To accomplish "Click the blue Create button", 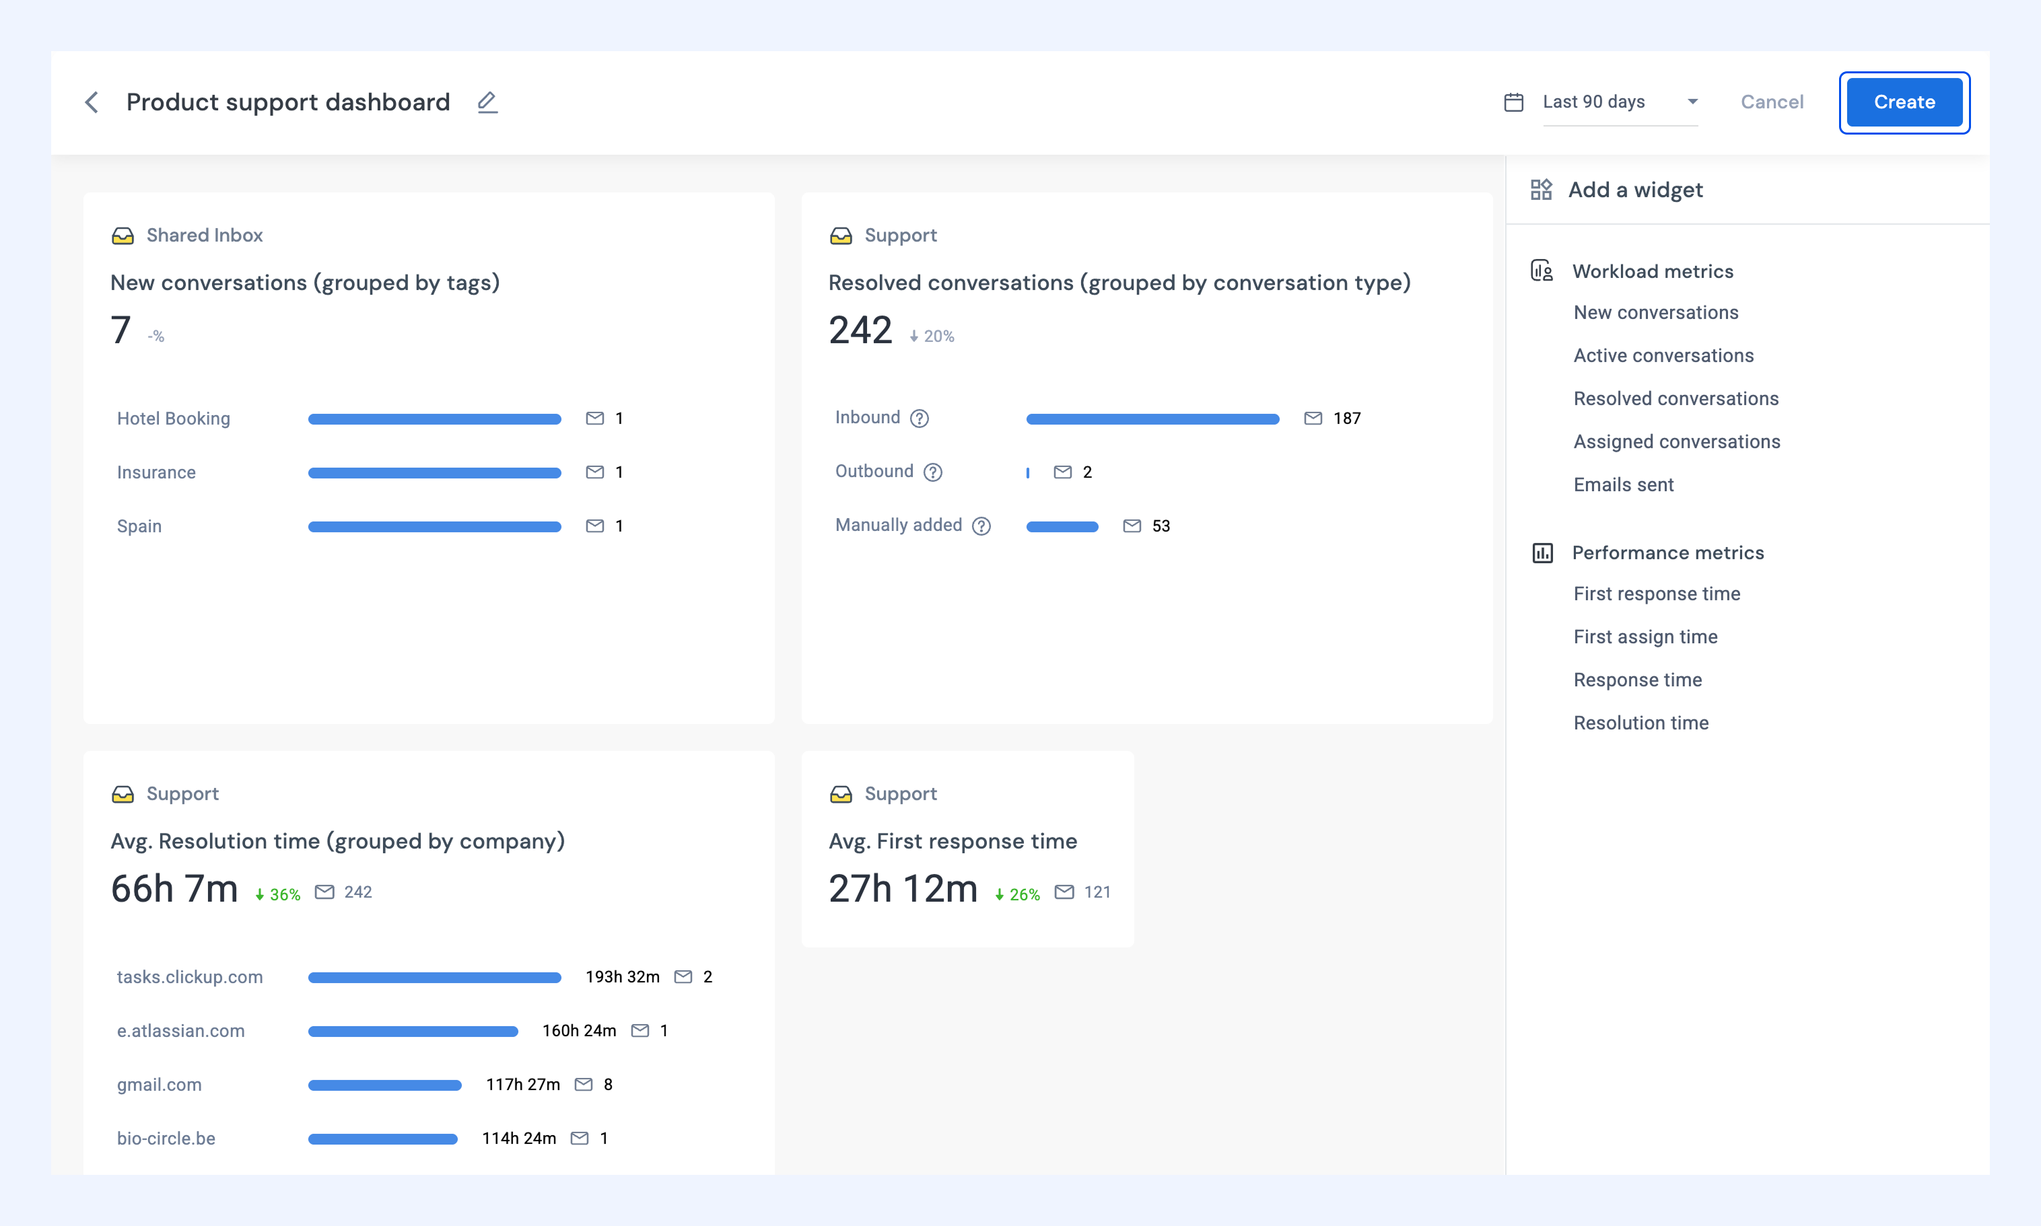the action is click(1904, 102).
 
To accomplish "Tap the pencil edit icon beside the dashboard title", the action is click(487, 102).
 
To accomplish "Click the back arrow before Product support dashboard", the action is click(92, 102).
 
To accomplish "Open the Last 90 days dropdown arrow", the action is click(1692, 102).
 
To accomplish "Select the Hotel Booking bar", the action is click(435, 419).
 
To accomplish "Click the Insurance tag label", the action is click(156, 472).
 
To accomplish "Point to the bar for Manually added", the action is click(1062, 526).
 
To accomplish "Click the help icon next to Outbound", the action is click(933, 472).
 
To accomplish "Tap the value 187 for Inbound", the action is click(1347, 419).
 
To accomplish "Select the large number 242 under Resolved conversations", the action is click(860, 330).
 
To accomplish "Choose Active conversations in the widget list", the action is click(1663, 356).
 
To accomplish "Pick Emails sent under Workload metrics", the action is click(1623, 485).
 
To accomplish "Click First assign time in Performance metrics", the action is click(1645, 637).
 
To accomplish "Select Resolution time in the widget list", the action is click(1640, 723).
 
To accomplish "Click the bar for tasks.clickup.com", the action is click(435, 977).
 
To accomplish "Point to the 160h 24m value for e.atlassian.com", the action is click(579, 1031).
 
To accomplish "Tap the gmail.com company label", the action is click(159, 1085).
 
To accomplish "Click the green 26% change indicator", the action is click(1017, 895).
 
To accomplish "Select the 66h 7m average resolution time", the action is click(174, 889).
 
